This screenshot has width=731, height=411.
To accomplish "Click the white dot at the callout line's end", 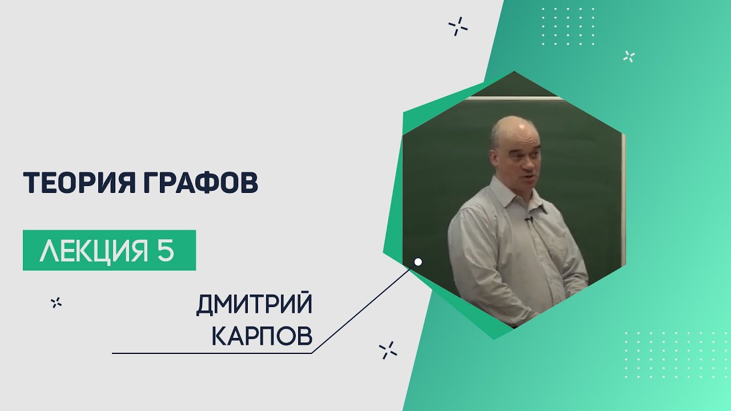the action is (418, 262).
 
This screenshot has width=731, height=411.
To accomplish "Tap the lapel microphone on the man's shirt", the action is (528, 220).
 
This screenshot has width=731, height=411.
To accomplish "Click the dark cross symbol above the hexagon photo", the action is (458, 26).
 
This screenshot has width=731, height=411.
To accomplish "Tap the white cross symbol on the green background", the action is (629, 57).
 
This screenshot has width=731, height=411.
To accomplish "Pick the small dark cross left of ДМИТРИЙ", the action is (56, 303).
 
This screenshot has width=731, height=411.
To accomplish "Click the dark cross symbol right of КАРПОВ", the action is (388, 350).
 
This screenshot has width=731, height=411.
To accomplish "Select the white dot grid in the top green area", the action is (568, 26).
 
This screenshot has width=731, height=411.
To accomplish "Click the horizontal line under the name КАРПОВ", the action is (212, 353).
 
